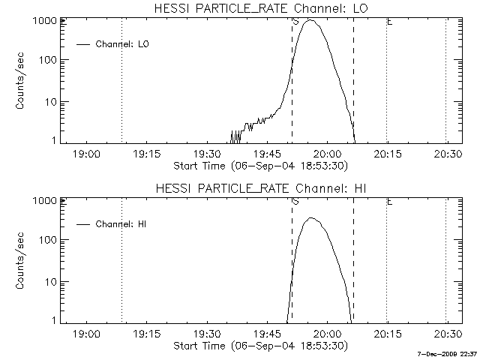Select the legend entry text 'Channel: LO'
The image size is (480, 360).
click(123, 44)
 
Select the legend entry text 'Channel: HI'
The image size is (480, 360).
click(122, 224)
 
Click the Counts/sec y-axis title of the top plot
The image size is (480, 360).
click(22, 81)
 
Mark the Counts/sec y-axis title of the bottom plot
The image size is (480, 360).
click(22, 261)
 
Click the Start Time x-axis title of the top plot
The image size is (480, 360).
click(259, 166)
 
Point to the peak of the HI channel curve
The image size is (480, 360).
click(310, 218)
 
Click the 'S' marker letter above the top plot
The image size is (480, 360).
click(295, 21)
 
